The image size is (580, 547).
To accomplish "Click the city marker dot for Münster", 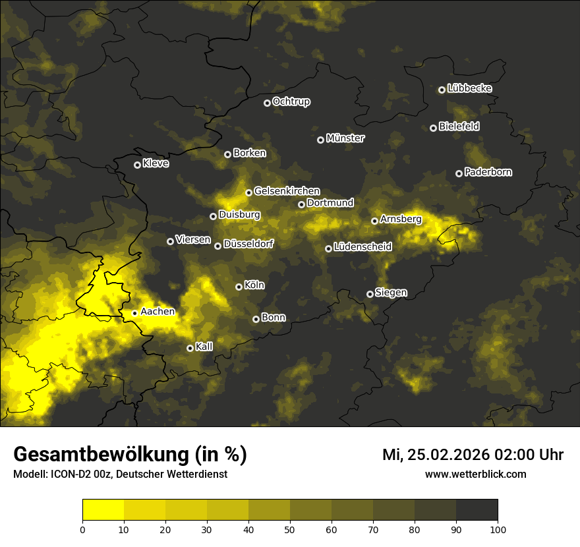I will [320, 140].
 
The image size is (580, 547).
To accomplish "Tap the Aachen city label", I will [158, 312].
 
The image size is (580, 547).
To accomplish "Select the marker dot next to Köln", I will [239, 287].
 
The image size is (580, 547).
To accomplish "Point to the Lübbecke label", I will [469, 88].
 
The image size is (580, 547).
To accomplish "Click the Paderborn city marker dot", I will [459, 173].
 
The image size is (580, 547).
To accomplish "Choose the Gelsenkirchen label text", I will [287, 191].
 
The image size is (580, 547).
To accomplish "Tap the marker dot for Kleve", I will [137, 165].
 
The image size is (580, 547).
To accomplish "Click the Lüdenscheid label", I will [362, 247].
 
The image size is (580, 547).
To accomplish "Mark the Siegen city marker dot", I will [370, 294].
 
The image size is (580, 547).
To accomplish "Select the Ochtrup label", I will [291, 101].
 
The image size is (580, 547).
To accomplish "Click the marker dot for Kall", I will [190, 348].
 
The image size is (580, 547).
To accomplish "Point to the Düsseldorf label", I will [248, 244].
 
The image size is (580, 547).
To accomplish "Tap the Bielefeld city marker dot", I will [433, 128].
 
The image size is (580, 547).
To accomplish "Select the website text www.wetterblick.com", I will [475, 474].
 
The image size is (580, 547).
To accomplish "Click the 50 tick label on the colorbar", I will [290, 529].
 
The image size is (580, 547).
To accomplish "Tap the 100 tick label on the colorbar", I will [497, 529].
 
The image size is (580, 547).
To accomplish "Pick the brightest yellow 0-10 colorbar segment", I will [103, 509].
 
